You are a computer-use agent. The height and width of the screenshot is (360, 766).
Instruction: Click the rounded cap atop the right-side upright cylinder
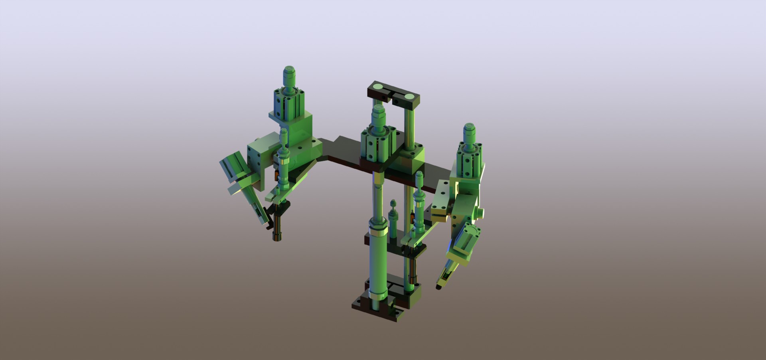(x=470, y=132)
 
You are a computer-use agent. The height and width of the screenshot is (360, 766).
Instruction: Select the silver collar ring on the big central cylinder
(x=377, y=232)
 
